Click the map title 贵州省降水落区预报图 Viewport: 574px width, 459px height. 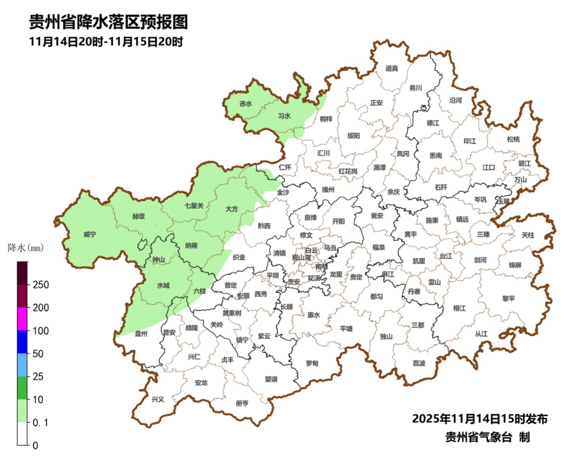108,22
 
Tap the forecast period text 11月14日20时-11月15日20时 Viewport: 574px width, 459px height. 106,42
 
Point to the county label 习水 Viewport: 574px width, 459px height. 284,116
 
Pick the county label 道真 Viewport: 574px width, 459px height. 392,68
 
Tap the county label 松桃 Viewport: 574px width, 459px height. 513,139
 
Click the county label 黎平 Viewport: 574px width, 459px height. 509,299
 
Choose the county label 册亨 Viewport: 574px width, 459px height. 242,403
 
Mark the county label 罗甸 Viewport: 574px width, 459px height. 312,363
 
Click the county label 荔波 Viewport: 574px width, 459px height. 419,363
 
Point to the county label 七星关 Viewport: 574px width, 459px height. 194,205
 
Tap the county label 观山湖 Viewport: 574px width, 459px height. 301,257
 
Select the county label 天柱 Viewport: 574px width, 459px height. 528,234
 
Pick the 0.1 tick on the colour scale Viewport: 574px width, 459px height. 42,422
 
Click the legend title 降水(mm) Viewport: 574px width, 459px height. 25,248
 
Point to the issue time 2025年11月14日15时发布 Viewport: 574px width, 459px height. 479,419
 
